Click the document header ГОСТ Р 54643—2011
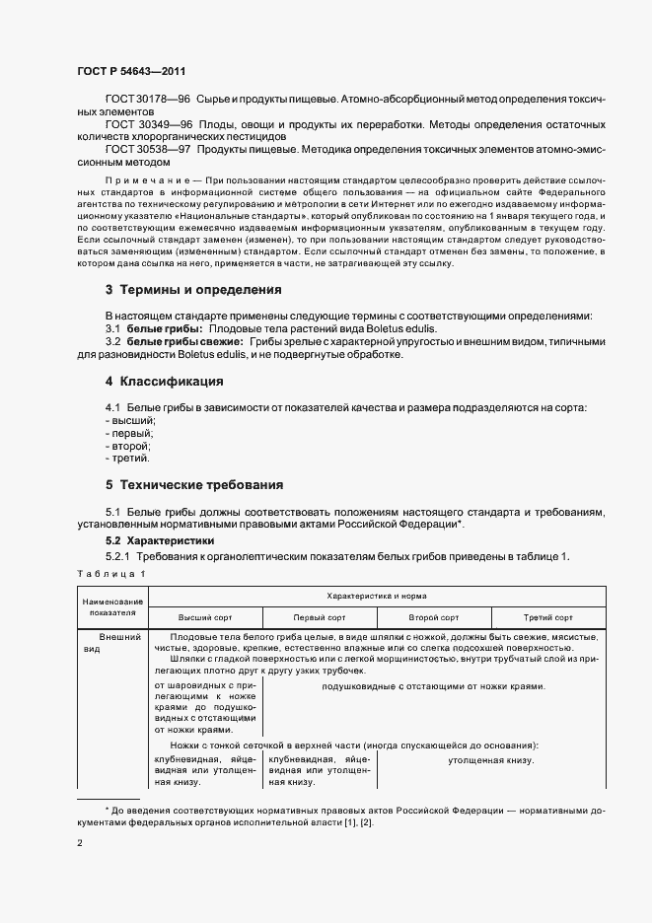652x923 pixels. click(x=129, y=72)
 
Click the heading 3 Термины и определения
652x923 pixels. click(x=193, y=290)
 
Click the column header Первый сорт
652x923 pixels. click(x=320, y=617)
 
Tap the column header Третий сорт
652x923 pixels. click(x=548, y=617)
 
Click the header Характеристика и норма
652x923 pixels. click(x=377, y=597)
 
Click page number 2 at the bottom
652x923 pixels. click(x=79, y=843)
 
